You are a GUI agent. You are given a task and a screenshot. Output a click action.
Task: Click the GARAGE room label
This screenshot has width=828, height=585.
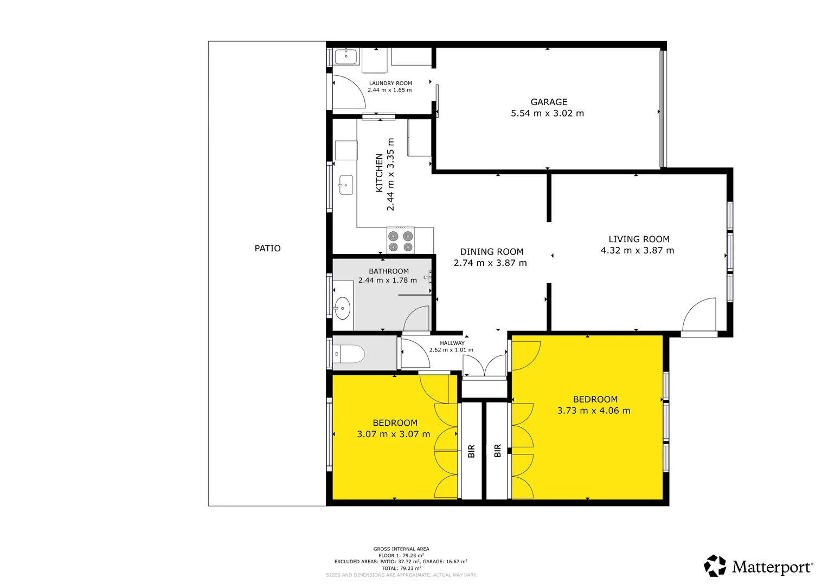tap(549, 102)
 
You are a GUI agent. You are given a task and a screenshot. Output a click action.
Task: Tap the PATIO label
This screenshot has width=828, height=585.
tap(267, 248)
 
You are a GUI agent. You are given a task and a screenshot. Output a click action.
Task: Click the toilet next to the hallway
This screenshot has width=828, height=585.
tap(350, 354)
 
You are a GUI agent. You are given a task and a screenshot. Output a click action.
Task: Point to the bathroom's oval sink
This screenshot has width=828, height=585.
tap(342, 309)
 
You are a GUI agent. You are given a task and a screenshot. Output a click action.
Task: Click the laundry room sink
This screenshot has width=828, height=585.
tap(345, 56)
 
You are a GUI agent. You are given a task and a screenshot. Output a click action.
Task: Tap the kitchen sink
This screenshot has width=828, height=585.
tap(346, 185)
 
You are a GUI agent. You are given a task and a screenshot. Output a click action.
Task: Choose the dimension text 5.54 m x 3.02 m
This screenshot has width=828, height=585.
tap(547, 113)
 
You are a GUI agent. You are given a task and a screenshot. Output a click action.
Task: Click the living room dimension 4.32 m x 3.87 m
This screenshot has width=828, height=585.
tap(637, 250)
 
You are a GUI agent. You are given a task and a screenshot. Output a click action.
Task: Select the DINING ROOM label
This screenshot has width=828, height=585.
tap(492, 251)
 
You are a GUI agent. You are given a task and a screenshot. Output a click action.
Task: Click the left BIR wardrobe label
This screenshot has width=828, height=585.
tap(471, 451)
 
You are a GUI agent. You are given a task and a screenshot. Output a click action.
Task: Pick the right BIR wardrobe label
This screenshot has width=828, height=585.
tap(498, 451)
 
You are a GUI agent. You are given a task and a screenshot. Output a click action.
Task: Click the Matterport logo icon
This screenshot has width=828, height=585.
tap(715, 566)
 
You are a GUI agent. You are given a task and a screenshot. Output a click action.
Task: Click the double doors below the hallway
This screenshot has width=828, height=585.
tap(485, 366)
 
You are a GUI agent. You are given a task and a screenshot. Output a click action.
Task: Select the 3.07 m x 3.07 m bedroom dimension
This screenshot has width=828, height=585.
tap(393, 434)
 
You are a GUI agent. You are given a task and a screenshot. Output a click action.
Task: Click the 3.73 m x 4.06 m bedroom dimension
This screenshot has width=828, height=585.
tap(594, 411)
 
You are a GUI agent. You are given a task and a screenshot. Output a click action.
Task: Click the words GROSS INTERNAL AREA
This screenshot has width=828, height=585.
tap(401, 549)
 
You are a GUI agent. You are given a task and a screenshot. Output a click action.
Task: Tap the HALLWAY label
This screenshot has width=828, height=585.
tap(452, 343)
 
